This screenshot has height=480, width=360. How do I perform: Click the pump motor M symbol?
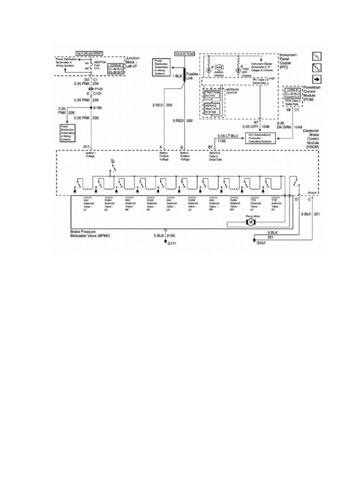pos(250,222)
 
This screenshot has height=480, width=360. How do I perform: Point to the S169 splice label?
pos(98,108)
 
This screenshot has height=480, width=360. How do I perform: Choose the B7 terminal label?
pos(211,146)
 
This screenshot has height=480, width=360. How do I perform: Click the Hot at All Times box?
pos(183,53)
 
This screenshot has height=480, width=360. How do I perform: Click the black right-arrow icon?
pos(316,80)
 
